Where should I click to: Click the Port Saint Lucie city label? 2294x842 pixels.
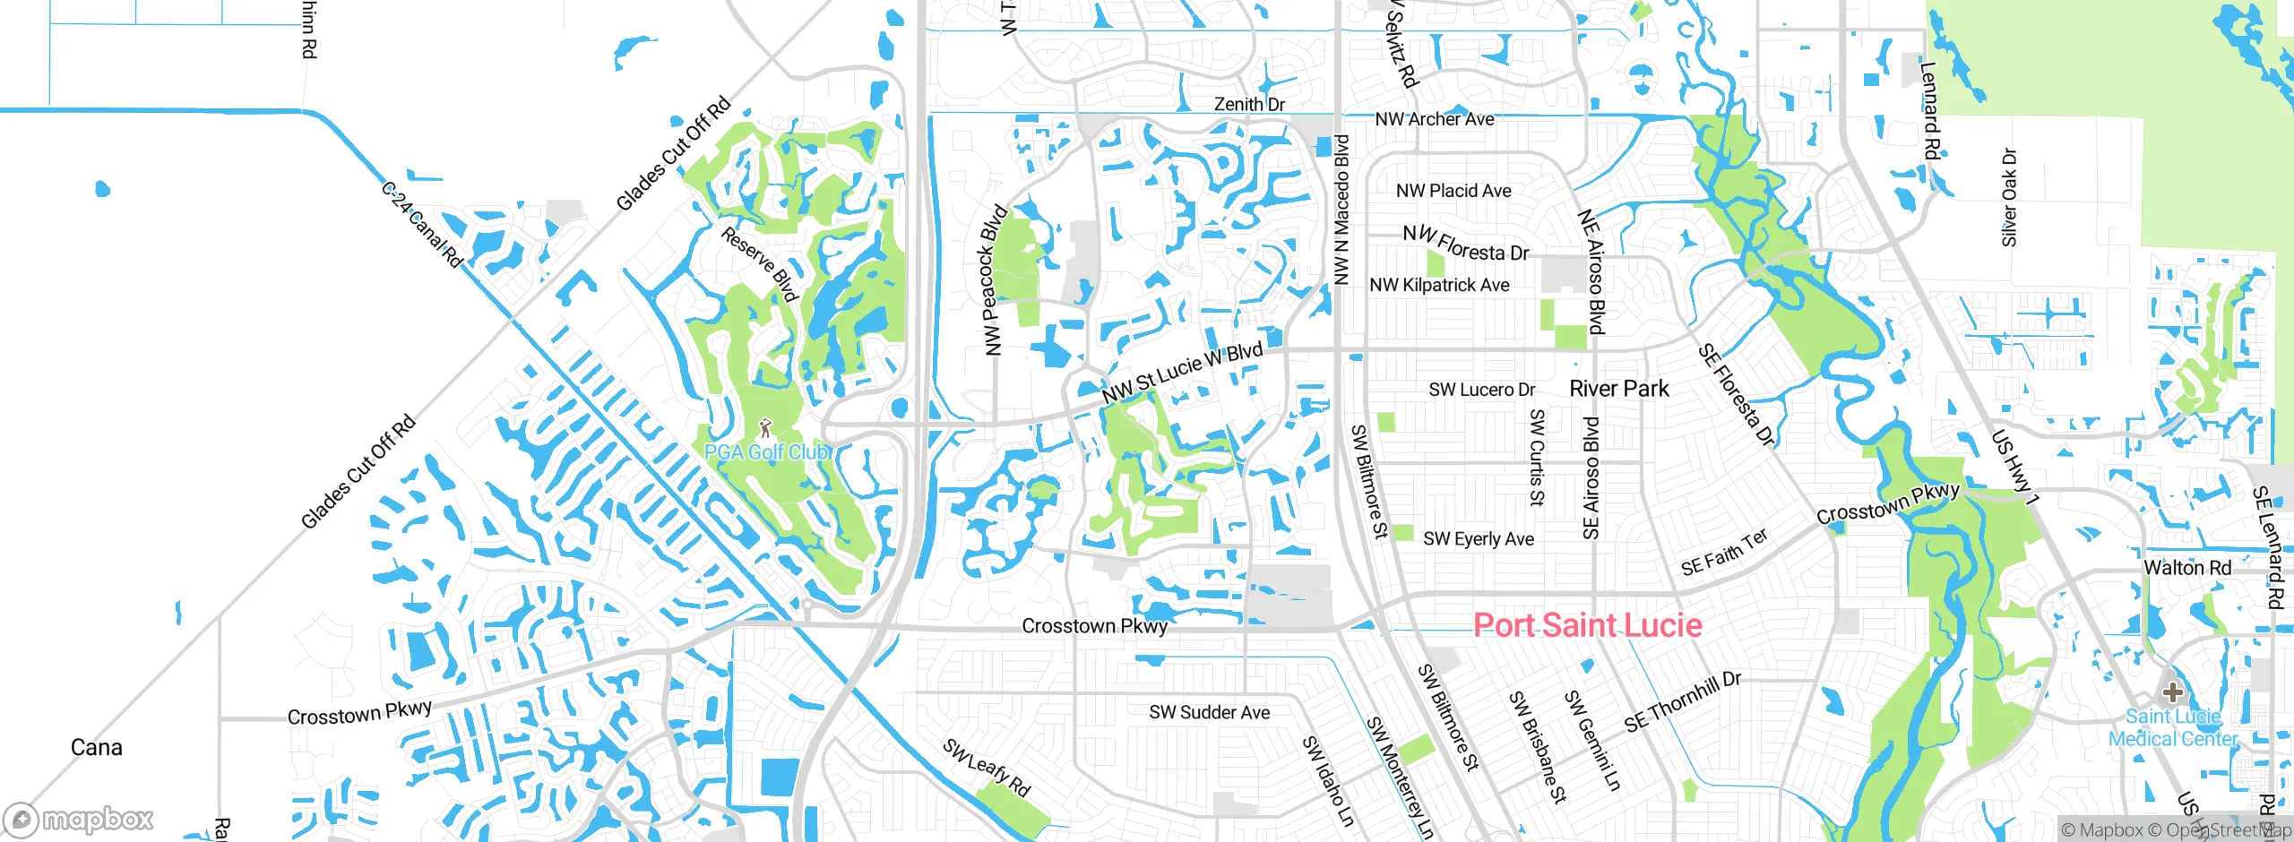click(1587, 625)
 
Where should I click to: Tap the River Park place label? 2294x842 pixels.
click(1618, 389)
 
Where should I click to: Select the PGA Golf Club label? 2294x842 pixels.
click(767, 452)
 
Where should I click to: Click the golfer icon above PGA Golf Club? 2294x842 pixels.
click(765, 428)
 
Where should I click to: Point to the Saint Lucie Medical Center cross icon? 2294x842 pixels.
click(2172, 692)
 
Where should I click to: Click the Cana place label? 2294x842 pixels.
click(96, 747)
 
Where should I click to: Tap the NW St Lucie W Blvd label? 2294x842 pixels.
click(1182, 373)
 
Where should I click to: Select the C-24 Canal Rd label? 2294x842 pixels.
click(421, 225)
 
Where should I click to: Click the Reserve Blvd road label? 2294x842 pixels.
click(759, 264)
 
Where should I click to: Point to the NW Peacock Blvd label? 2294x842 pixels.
click(994, 280)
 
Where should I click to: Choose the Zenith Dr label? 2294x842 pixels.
click(1249, 104)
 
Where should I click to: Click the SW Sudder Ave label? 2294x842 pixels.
click(1209, 712)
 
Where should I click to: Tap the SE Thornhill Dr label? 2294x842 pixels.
click(1682, 701)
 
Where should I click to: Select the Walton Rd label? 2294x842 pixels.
click(2186, 568)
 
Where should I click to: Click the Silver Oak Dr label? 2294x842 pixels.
click(2009, 197)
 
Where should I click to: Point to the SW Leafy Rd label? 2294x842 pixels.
click(986, 768)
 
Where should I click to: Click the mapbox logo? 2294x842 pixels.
click(79, 819)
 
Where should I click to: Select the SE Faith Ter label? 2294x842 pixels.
click(1724, 553)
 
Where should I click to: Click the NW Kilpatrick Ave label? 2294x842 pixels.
click(1438, 285)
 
